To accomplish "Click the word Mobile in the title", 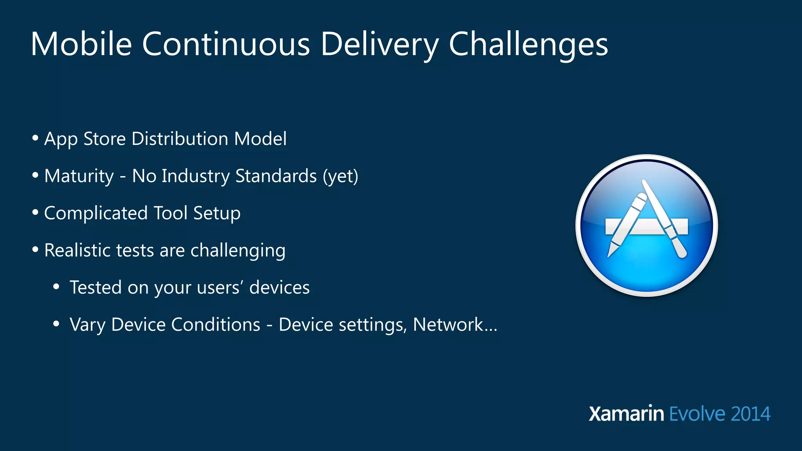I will pos(81,44).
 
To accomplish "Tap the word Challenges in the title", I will pos(528,44).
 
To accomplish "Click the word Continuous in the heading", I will pos(226,44).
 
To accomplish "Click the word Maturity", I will pos(79,176).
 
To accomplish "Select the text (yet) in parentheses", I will pos(340,176).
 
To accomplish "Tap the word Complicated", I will pos(96,213).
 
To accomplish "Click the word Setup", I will pos(217,213).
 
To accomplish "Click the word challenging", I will pos(238,251).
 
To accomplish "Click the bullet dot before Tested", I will pos(56,287).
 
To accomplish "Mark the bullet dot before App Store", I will pos(35,138).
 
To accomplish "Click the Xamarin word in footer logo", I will pos(626,414).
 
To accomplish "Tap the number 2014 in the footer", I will pos(750,414).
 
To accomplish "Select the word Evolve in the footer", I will pos(697,414).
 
